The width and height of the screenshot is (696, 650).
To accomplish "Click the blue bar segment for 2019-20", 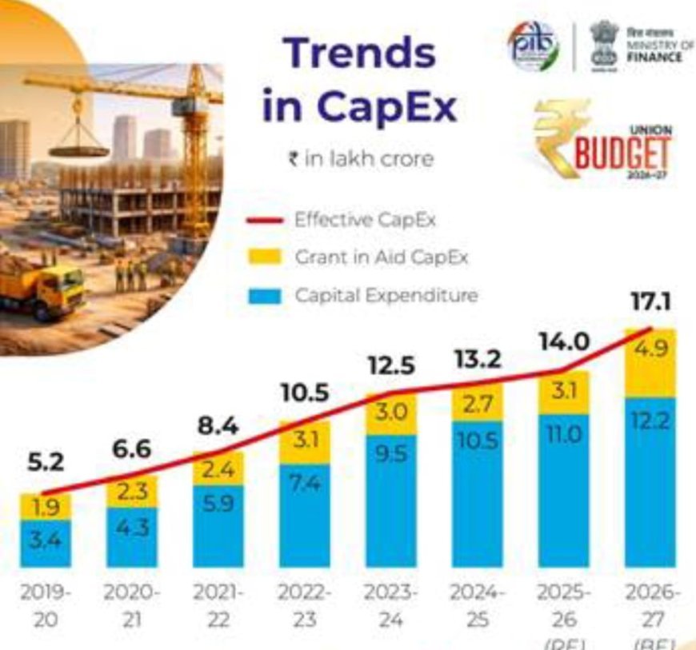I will pyautogui.click(x=46, y=542).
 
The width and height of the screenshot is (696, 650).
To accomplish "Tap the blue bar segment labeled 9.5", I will pyautogui.click(x=390, y=500).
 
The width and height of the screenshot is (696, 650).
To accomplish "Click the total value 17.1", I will pyautogui.click(x=651, y=302).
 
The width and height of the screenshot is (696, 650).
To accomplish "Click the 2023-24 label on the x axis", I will pyautogui.click(x=390, y=604).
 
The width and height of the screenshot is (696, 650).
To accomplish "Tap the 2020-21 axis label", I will pyautogui.click(x=131, y=604).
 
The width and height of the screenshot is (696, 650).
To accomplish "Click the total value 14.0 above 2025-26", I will pyautogui.click(x=562, y=341).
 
